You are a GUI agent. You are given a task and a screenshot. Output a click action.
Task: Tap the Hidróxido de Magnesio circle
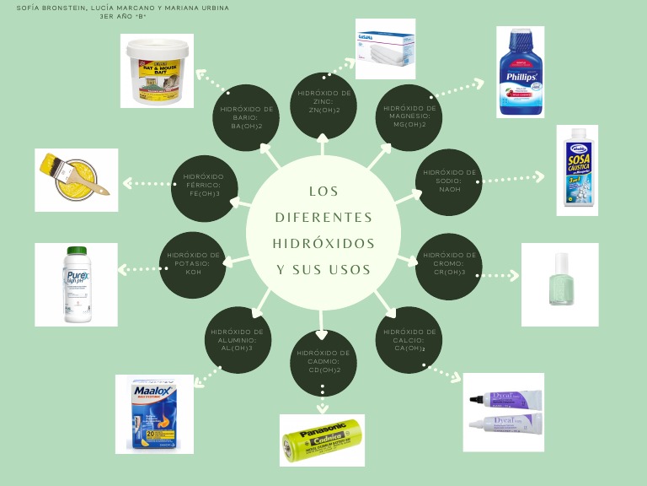(409, 116)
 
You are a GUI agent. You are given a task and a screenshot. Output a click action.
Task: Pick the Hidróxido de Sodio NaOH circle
(450, 181)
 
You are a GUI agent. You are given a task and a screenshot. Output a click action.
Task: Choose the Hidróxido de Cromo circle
(450, 263)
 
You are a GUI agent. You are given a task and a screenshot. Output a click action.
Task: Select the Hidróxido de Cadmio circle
(323, 361)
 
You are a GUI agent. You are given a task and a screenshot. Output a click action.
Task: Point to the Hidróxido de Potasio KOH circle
(194, 263)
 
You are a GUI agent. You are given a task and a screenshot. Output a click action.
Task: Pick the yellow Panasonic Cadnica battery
(323, 440)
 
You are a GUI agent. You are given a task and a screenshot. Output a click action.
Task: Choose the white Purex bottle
(76, 283)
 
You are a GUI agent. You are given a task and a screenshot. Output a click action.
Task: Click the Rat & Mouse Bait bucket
(157, 72)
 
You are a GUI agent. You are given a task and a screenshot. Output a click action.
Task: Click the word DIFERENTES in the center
(323, 217)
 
